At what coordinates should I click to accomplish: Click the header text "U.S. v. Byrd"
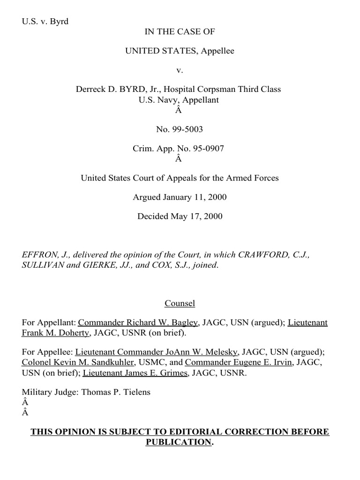[x=45, y=22]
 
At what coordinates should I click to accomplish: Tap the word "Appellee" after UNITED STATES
[x=217, y=51]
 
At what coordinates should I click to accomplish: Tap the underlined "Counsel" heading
[x=180, y=303]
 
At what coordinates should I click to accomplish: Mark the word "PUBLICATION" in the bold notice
[x=178, y=442]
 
